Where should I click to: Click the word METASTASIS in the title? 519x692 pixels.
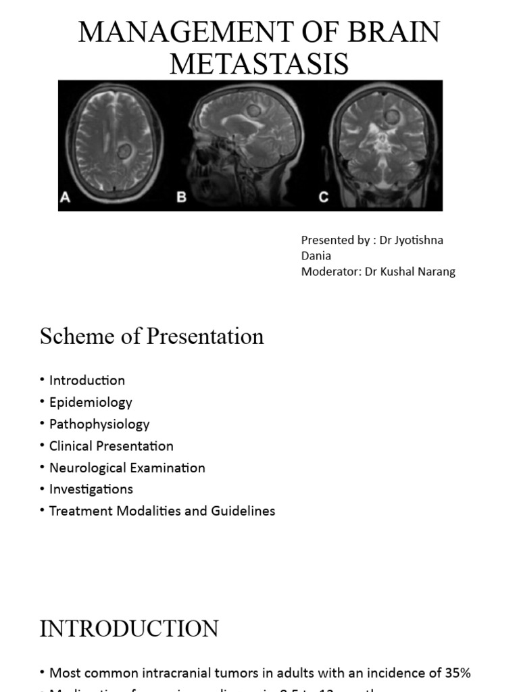point(259,64)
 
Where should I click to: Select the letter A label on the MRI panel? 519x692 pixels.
point(66,198)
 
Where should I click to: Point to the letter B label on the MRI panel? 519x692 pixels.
point(181,198)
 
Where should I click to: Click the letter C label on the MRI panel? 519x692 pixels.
point(324,198)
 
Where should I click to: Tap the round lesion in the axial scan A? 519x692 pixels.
point(124,151)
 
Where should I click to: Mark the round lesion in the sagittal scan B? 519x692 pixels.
point(253,110)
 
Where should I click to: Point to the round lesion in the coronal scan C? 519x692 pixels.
point(392,117)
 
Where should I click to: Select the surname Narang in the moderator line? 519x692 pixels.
point(435,272)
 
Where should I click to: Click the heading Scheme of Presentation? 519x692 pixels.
point(151,336)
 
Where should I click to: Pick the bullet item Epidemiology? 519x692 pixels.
point(91,402)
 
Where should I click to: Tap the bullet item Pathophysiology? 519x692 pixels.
point(99,424)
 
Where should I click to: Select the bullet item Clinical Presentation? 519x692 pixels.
point(112,446)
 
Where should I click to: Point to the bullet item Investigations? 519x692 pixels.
point(91,489)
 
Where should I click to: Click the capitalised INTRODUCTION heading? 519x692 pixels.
point(129,628)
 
